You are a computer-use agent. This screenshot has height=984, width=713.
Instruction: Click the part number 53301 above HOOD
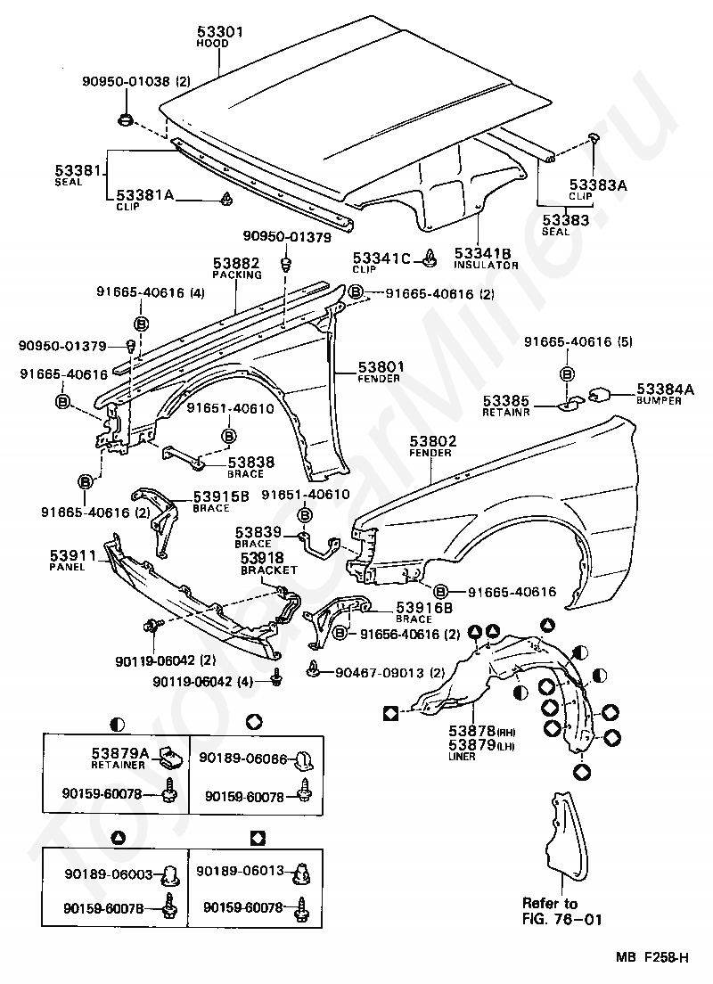point(220,30)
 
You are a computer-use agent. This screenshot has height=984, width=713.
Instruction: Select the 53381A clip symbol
point(226,199)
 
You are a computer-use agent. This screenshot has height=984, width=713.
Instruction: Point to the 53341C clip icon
point(430,258)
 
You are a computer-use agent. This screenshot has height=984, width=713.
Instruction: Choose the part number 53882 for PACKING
point(236,263)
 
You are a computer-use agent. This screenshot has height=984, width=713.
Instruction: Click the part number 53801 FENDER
point(381,366)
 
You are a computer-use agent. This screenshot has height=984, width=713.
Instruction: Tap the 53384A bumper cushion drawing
point(600,395)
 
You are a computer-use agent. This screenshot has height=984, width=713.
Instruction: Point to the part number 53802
point(433,441)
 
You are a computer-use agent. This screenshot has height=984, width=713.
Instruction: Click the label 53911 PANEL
point(73,559)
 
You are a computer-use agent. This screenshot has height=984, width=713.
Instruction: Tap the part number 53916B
point(423,607)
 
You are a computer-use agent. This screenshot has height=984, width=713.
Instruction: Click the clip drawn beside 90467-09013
point(313,670)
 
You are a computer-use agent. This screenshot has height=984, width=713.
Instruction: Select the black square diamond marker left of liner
point(390,713)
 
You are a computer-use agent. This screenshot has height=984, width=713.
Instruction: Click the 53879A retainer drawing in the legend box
point(170,758)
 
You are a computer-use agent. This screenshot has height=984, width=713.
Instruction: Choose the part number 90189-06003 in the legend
point(109,873)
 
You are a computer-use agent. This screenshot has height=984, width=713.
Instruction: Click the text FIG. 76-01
point(561,919)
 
